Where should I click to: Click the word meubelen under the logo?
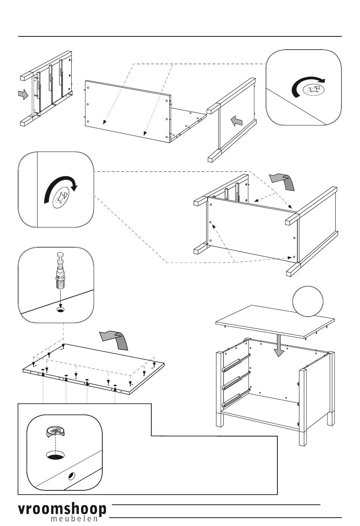[x=74, y=518]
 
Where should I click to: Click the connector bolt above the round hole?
[x=61, y=270]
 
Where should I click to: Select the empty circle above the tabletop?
[x=308, y=301]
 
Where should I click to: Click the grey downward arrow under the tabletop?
[x=279, y=345]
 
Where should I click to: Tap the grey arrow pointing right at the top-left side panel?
[x=23, y=94]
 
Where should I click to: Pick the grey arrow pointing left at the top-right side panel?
[x=236, y=121]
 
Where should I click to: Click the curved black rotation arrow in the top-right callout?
[x=307, y=86]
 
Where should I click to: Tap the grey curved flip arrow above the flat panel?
[x=114, y=340]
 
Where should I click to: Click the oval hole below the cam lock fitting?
[x=55, y=455]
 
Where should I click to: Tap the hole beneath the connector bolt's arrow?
[x=61, y=310]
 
